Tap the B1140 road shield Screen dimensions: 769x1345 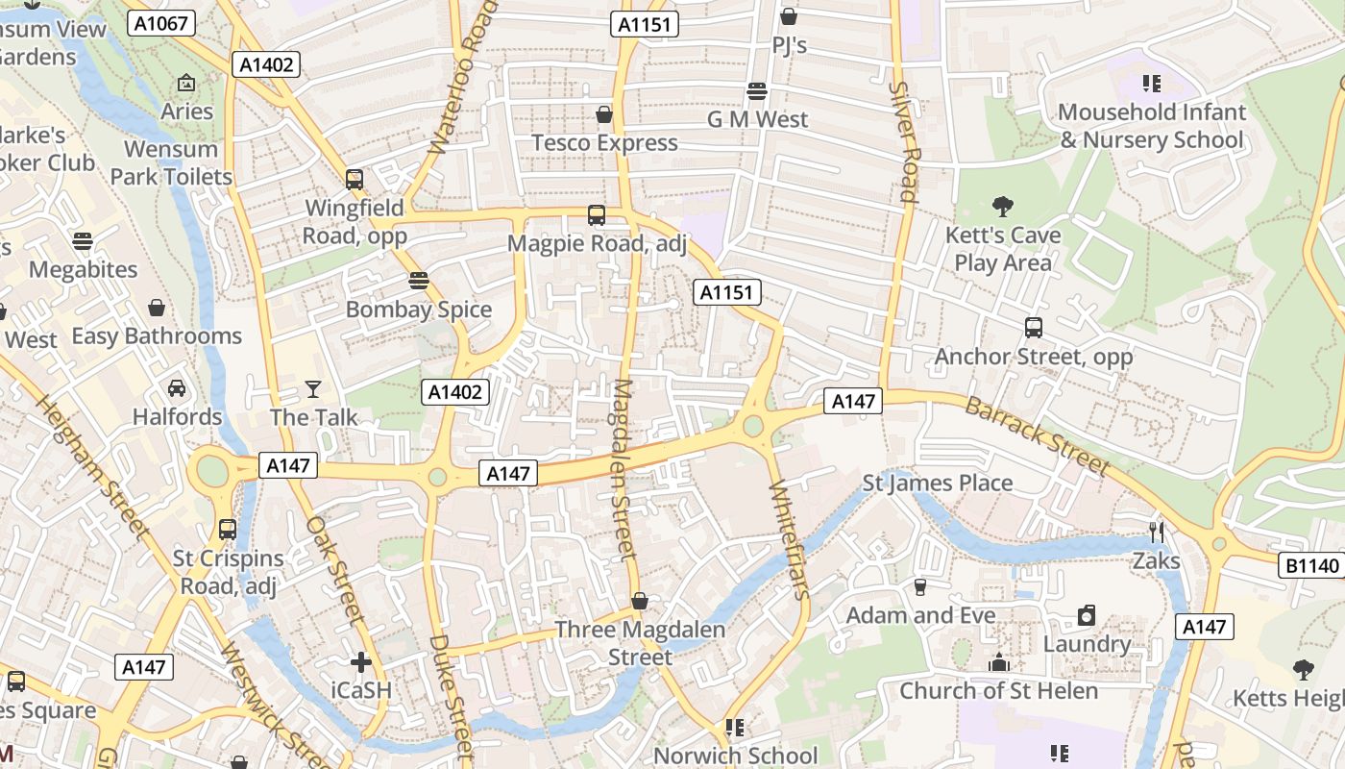[x=1312, y=566]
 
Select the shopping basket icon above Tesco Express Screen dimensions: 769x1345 [x=604, y=115]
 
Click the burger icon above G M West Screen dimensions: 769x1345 [x=757, y=91]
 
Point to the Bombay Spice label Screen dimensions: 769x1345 [x=419, y=310]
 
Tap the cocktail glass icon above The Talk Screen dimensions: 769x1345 [x=313, y=389]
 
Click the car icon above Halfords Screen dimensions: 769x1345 [x=177, y=388]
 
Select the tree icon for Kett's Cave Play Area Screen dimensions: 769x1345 [x=1002, y=206]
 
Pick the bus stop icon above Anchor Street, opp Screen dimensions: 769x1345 [x=1034, y=328]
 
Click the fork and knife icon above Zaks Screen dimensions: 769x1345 [x=1157, y=532]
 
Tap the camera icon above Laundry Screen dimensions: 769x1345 [x=1087, y=615]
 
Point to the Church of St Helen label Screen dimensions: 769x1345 [x=998, y=690]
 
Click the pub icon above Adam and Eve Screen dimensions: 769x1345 [x=920, y=586]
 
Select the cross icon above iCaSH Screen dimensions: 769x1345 [x=361, y=661]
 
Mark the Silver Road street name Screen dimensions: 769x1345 [x=905, y=141]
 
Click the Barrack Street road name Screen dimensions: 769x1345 [x=1037, y=434]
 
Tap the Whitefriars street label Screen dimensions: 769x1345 [x=791, y=538]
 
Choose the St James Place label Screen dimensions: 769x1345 [x=938, y=483]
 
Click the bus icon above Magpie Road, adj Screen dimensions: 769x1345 [x=597, y=215]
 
